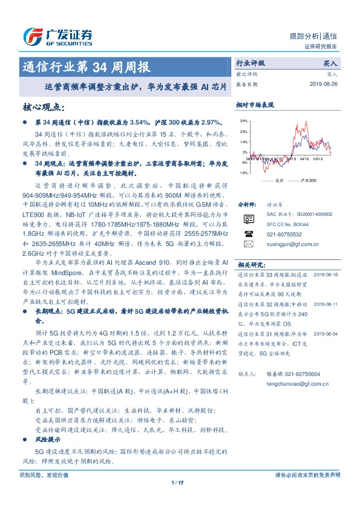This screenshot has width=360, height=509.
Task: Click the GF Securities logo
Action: point(57,36)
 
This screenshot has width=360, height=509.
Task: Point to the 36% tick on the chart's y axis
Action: point(244,121)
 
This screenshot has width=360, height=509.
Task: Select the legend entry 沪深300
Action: point(306,180)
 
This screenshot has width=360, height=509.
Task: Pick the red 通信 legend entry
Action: point(275,180)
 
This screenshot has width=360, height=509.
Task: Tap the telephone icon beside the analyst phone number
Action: point(248,233)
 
